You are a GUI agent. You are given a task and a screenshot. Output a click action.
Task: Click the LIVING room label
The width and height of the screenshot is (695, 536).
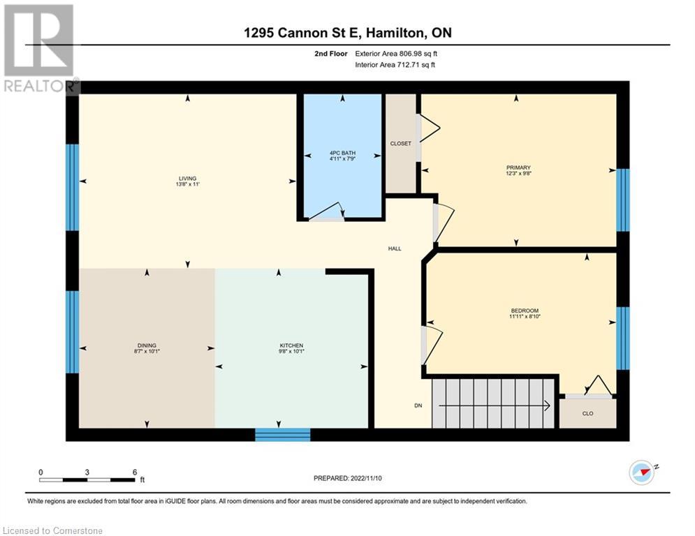click(186, 179)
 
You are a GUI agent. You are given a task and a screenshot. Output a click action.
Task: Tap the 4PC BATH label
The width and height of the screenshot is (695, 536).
click(342, 154)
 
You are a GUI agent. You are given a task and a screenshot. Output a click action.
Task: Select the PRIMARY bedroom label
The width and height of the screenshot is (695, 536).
click(518, 167)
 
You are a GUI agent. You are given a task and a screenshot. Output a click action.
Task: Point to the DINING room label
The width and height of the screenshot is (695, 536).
click(147, 345)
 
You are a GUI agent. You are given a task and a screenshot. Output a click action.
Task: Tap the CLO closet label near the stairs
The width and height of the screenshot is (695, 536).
click(587, 414)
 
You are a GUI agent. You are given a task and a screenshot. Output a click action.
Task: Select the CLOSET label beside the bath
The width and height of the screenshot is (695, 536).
click(400, 144)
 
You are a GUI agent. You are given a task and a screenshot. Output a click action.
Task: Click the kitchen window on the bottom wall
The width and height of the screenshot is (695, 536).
click(282, 435)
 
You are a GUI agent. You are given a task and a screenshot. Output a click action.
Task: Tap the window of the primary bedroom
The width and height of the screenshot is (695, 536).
click(622, 200)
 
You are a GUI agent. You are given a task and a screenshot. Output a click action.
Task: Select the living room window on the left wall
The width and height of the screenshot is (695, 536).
click(72, 187)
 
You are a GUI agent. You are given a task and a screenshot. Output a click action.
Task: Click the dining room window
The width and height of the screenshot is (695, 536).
click(72, 332)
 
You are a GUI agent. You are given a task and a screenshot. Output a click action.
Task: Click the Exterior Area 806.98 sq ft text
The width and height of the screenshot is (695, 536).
click(396, 53)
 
